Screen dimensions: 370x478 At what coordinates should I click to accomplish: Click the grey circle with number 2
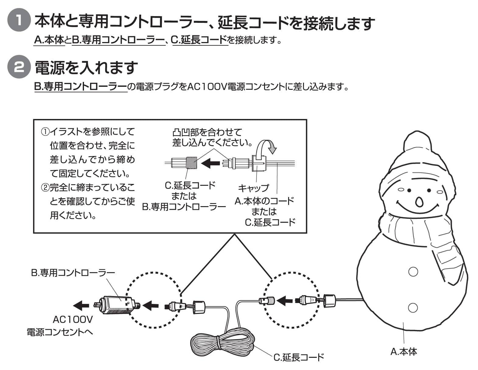[x=19, y=67]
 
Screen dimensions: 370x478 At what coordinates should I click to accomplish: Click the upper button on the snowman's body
[x=413, y=271]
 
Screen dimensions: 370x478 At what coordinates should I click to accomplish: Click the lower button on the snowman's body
[x=413, y=308]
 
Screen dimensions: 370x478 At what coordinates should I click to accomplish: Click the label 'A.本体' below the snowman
[x=403, y=352]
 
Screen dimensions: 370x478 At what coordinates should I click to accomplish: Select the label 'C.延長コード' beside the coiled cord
[x=299, y=357]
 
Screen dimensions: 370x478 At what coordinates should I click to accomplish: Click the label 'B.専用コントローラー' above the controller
[x=73, y=272]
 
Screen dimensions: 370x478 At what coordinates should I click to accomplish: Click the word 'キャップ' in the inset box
[x=253, y=188]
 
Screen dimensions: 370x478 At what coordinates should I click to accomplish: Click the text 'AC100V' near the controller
[x=73, y=319]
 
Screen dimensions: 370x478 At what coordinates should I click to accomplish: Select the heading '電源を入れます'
[x=86, y=67]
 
